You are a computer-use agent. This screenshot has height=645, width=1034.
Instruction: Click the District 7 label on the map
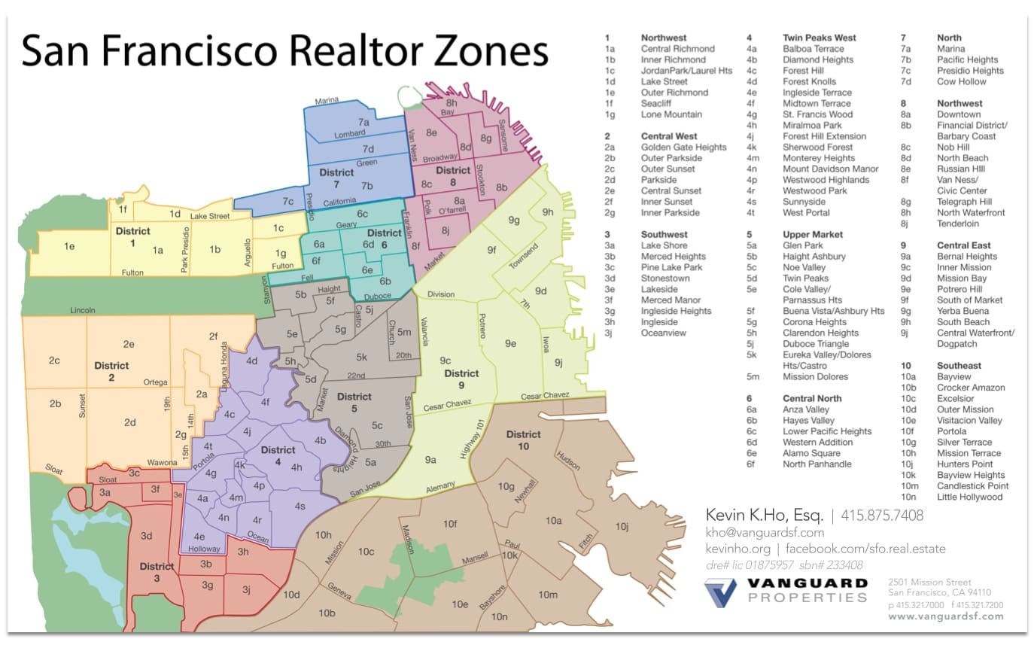click(336, 178)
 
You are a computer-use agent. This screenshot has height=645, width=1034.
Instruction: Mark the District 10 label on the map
click(523, 440)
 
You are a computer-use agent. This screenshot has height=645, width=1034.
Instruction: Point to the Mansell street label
click(475, 558)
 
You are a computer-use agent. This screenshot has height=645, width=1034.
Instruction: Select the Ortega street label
click(156, 382)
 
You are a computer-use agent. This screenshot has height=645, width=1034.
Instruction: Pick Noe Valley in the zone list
click(804, 267)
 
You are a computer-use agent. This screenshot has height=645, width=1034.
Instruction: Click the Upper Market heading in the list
click(813, 235)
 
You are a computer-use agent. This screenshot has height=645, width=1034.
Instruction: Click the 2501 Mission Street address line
click(929, 583)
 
